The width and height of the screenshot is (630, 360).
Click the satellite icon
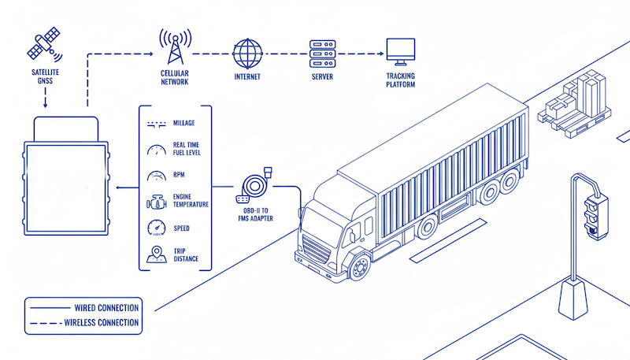point(44,43)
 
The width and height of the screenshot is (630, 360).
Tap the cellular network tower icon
point(175,47)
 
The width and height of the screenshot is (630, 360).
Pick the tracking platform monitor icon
point(399,52)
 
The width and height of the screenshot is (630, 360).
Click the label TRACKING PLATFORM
point(400,80)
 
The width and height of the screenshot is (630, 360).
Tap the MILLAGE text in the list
point(184,124)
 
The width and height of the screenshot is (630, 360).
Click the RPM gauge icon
point(155,176)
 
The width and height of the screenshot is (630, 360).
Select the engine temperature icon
point(155,201)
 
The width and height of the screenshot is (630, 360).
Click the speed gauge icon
point(155,228)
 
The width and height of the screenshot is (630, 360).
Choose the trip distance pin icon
point(155,254)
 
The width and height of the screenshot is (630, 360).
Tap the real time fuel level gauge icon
point(155,150)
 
